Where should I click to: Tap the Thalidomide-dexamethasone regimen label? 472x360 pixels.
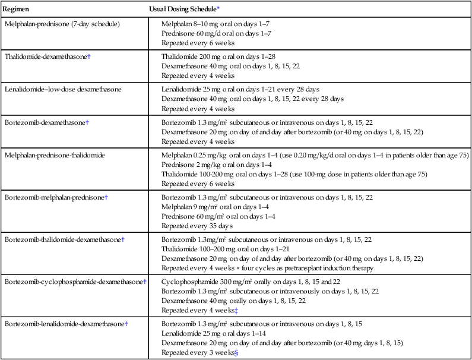(46, 56)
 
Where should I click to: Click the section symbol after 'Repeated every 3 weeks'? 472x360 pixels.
(236, 353)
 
